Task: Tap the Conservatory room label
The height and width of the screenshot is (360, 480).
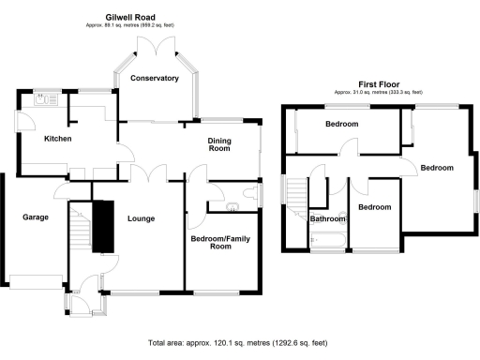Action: [x=154, y=79]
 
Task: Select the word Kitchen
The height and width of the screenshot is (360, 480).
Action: [x=58, y=139]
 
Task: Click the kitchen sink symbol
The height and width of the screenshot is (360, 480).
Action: [x=43, y=97]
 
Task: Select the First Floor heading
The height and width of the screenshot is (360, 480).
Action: [x=379, y=83]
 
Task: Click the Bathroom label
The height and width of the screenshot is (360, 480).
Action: [x=328, y=219]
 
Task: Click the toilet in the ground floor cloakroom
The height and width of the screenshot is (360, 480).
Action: [x=245, y=192]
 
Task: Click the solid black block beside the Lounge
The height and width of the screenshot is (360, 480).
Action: [x=101, y=225]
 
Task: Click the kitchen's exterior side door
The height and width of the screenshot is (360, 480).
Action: [x=18, y=123]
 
